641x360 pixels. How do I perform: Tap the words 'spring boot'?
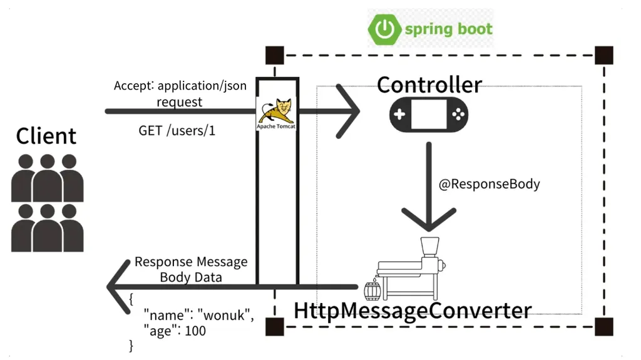(448, 29)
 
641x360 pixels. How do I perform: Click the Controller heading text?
(429, 85)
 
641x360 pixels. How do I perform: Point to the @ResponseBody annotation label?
(489, 185)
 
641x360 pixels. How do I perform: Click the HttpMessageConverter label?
(413, 311)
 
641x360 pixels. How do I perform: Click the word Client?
(46, 136)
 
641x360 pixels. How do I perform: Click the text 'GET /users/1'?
(177, 132)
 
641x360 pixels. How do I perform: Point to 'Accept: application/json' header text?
(180, 86)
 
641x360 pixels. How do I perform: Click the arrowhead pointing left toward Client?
(119, 287)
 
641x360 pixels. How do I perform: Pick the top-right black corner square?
(603, 55)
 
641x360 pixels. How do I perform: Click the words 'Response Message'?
(191, 262)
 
